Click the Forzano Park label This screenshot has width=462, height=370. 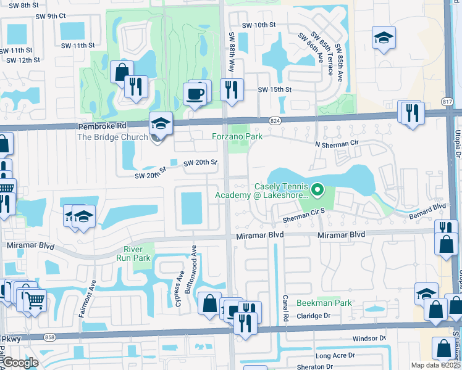(238, 136)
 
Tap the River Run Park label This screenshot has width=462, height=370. (133, 253)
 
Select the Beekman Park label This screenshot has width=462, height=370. (324, 303)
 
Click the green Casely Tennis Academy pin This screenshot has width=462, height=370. (318, 190)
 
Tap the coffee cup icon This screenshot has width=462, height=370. (196, 94)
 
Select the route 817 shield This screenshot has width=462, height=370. (448, 101)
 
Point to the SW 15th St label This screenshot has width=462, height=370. (275, 89)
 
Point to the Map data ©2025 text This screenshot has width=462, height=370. (435, 365)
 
